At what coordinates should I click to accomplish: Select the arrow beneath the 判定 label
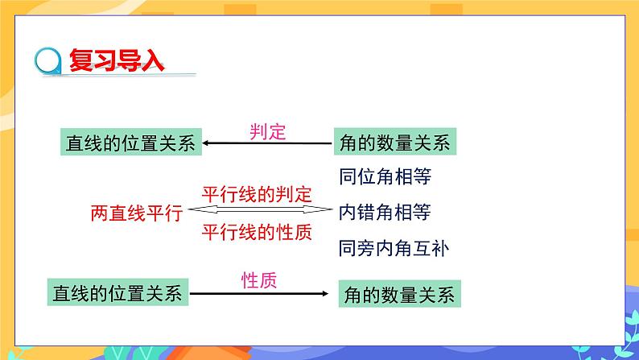(267, 144)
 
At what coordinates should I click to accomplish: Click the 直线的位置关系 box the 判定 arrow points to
(129, 143)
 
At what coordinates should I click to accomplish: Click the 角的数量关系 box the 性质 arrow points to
(399, 295)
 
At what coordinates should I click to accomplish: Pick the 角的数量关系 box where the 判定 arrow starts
(396, 143)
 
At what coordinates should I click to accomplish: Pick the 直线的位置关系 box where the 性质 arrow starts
(118, 292)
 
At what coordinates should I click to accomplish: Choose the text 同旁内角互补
(394, 247)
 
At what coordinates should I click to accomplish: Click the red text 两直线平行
(137, 213)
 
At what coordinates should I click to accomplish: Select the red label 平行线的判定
(257, 195)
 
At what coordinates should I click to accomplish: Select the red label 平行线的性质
(257, 230)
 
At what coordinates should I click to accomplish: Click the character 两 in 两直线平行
(100, 213)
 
